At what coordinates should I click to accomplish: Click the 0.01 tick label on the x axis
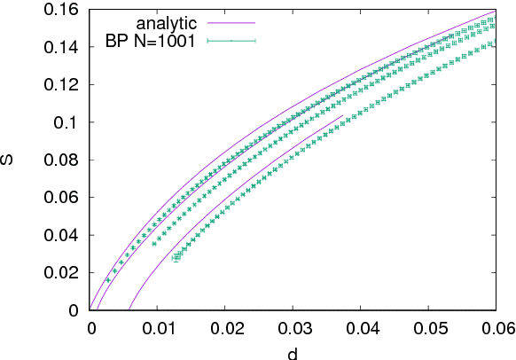pyautogui.click(x=157, y=327)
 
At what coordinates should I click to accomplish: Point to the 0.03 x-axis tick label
pyautogui.click(x=293, y=327)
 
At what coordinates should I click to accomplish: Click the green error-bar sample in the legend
pyautogui.click(x=231, y=40)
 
